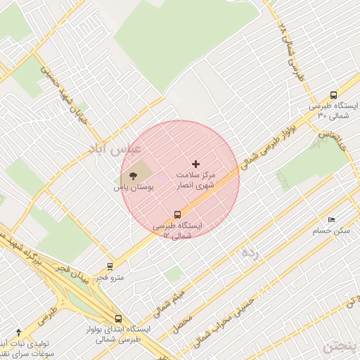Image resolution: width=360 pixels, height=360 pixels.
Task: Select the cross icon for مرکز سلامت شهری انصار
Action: coord(195,163)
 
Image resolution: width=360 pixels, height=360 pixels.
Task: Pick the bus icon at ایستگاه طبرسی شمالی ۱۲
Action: coord(176,214)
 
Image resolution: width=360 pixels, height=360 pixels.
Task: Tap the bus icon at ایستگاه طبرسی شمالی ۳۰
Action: coord(333,95)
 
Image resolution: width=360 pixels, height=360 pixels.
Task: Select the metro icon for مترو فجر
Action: coord(109,266)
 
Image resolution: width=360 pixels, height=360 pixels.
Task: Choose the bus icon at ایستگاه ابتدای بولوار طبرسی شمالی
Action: coord(118,318)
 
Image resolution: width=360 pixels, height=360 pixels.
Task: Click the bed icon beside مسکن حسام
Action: coord(331,220)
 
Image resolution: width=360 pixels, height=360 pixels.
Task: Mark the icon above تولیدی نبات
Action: coord(18,331)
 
